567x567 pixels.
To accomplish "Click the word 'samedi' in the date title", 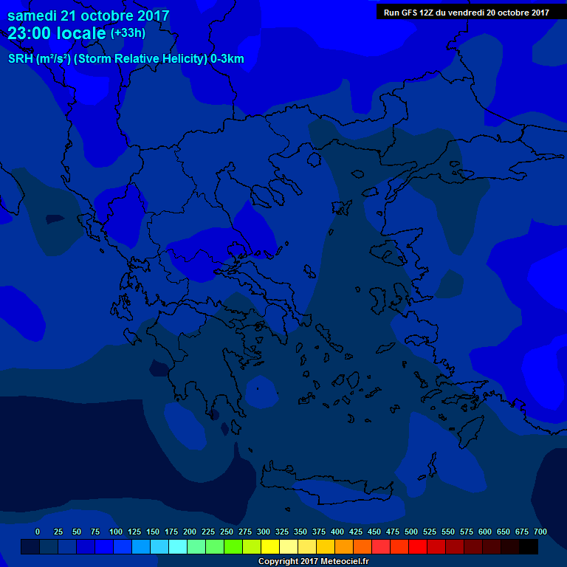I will coord(32,16).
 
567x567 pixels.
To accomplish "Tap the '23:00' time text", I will coord(32,33).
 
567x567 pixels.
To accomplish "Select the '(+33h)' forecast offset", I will coord(128,33).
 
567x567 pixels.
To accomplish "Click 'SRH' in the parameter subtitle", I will coord(20,59).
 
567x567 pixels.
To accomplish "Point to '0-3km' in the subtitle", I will coord(227,59).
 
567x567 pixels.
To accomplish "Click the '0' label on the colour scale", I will coord(38,532).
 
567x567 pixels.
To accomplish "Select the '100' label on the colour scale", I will coord(116,532).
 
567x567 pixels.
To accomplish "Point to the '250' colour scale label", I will coord(227,532).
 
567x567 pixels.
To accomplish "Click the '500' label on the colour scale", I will coord(411,532).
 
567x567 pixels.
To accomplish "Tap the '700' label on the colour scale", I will coord(540,532).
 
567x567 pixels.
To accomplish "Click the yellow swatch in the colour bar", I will coord(270,546).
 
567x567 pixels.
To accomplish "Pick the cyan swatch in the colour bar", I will coord(177,546).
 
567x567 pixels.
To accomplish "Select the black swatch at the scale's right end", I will coord(529,546).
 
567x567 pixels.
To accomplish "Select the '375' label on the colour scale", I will coord(319,532).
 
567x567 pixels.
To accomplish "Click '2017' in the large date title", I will coord(147,16).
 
